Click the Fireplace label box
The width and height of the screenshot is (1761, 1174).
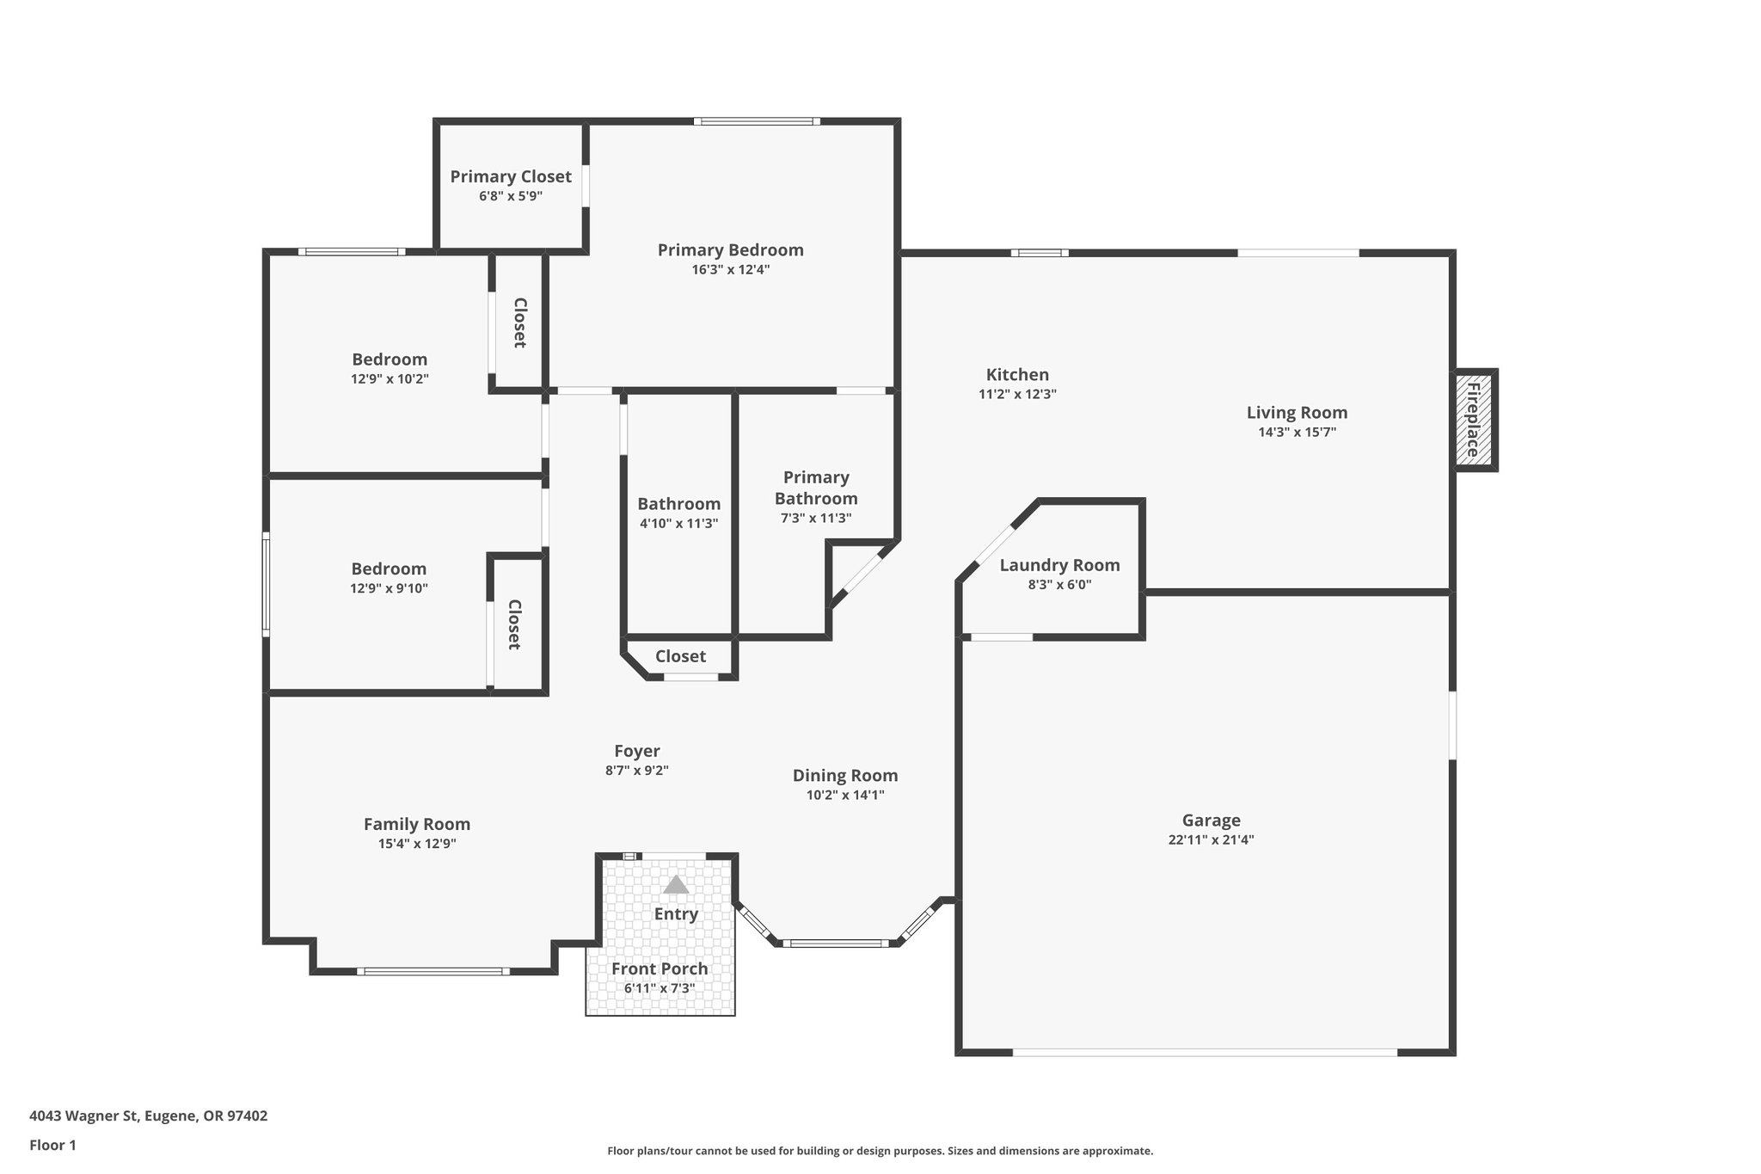pyautogui.click(x=1475, y=421)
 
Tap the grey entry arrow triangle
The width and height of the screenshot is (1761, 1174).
pyautogui.click(x=677, y=885)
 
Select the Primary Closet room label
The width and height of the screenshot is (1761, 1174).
pyautogui.click(x=511, y=176)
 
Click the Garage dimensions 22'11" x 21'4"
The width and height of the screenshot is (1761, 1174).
pyautogui.click(x=1211, y=840)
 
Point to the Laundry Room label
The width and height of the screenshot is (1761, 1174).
pyautogui.click(x=1059, y=565)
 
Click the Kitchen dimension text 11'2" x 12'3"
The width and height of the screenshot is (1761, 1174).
pyautogui.click(x=1017, y=395)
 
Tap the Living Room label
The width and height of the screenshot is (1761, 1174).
pyautogui.click(x=1297, y=413)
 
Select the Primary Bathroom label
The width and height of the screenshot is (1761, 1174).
pyautogui.click(x=816, y=488)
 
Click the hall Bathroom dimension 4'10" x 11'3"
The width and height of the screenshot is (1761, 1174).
pyautogui.click(x=678, y=524)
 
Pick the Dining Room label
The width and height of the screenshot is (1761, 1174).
pyautogui.click(x=845, y=776)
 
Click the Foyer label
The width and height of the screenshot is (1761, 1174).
pyautogui.click(x=637, y=751)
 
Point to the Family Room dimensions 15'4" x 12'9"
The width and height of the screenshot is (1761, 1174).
pyautogui.click(x=417, y=844)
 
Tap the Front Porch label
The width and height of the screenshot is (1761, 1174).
pyautogui.click(x=660, y=968)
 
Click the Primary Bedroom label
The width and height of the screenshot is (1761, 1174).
pyautogui.click(x=731, y=250)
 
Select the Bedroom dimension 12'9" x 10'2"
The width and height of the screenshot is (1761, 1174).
pyautogui.click(x=390, y=379)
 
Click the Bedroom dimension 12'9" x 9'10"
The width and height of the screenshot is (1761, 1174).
pyautogui.click(x=389, y=589)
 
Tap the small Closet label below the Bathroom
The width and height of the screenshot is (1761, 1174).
pyautogui.click(x=680, y=656)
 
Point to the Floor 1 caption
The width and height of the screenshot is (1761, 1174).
pyautogui.click(x=53, y=1145)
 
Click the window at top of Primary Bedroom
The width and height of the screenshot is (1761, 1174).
pyautogui.click(x=757, y=121)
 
